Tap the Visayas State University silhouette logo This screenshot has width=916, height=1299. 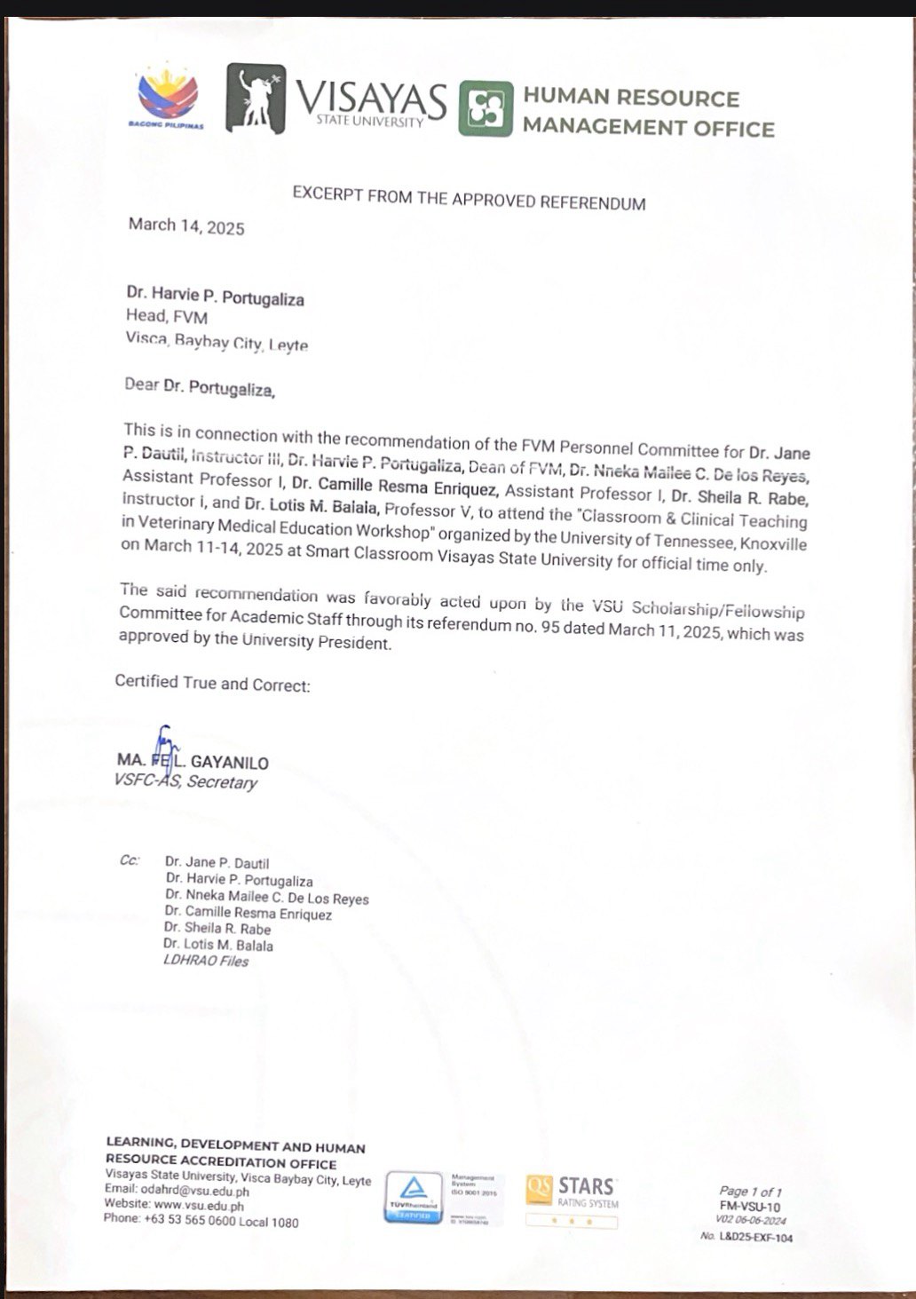[x=256, y=99]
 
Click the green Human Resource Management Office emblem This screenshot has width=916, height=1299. [x=486, y=108]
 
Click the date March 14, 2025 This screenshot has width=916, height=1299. [x=186, y=226]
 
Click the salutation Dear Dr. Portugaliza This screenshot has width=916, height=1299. [x=200, y=387]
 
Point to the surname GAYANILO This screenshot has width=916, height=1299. [x=229, y=763]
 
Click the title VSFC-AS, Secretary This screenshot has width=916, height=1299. [x=186, y=782]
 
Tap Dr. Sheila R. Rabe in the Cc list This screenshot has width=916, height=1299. [x=217, y=929]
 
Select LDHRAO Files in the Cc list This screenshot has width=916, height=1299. [x=206, y=961]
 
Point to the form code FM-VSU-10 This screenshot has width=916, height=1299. [x=750, y=1207]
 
